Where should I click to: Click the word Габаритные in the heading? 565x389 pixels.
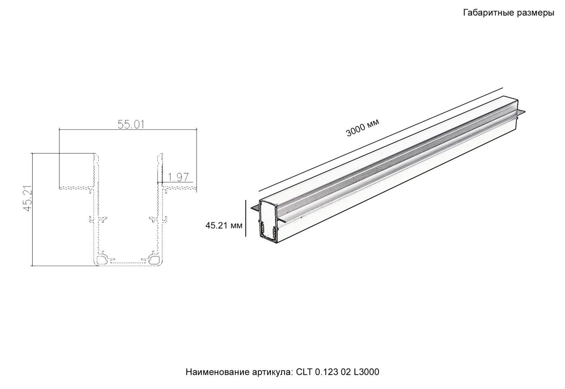click(x=488, y=13)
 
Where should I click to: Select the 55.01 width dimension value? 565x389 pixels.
click(x=131, y=125)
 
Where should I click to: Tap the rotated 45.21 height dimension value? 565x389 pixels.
click(x=27, y=198)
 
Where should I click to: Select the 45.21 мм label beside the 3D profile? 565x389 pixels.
click(x=224, y=226)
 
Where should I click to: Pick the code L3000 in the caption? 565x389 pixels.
click(x=366, y=372)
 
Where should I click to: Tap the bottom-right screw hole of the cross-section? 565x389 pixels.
click(x=154, y=259)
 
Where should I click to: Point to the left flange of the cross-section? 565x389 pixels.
click(x=77, y=187)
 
